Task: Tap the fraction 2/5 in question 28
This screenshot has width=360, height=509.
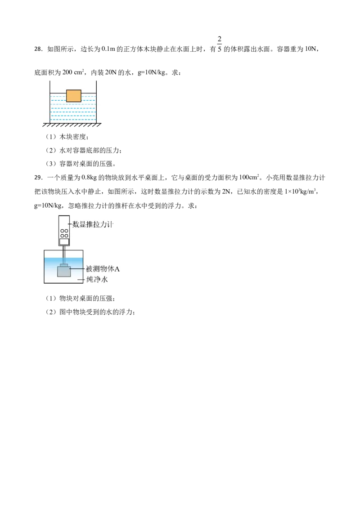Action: [219, 44]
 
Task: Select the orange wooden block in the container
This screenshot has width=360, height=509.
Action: [74, 96]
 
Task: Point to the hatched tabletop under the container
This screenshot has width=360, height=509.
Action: [72, 125]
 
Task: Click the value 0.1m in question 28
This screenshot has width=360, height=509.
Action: [108, 49]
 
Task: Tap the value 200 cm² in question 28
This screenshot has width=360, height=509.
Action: [73, 72]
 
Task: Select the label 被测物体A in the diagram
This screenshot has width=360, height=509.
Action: [103, 269]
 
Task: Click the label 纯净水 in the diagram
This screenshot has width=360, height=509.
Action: [97, 279]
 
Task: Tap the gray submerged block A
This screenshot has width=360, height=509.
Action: [64, 271]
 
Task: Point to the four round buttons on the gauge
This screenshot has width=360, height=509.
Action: [64, 233]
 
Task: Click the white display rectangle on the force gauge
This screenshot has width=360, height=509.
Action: [64, 241]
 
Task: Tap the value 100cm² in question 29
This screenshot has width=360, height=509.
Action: [249, 177]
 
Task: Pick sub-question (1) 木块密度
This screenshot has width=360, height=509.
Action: [67, 137]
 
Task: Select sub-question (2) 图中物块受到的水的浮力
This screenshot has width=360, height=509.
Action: [90, 312]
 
